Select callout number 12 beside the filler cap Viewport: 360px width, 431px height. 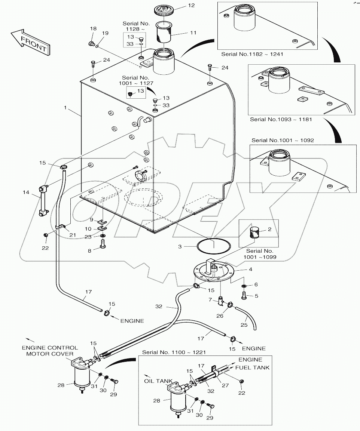(191, 6)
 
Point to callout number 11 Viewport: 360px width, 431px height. (193, 33)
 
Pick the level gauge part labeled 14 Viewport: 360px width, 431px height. (42, 200)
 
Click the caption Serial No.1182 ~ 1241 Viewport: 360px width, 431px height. (252, 54)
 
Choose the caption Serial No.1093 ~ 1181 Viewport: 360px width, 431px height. (281, 120)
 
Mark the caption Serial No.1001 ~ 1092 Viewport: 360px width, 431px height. (283, 140)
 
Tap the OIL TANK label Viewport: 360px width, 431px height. (159, 381)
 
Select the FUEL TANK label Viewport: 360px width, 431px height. (252, 367)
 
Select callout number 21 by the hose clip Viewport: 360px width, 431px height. (72, 234)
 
